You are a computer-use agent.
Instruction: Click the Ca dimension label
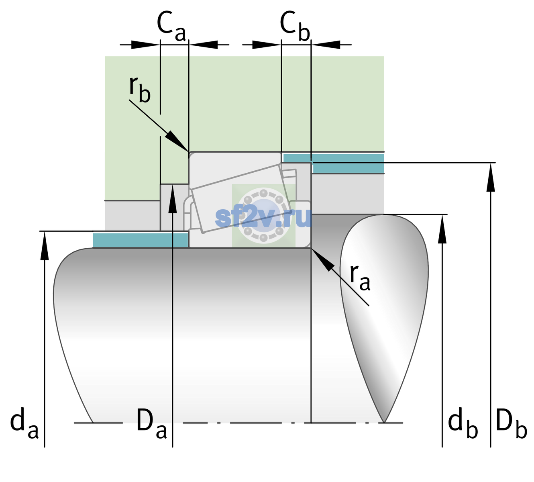tap(171, 27)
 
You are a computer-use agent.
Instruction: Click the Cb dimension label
tap(295, 26)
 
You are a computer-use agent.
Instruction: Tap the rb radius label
tap(140, 89)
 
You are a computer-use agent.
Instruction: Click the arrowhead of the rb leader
tap(177, 141)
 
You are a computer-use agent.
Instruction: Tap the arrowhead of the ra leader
tap(322, 259)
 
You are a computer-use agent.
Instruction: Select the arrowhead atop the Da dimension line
tap(173, 198)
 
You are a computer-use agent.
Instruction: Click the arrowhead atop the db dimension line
tap(442, 229)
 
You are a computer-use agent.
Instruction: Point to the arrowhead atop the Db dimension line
tap(491, 177)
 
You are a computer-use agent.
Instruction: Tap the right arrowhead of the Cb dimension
tap(326, 45)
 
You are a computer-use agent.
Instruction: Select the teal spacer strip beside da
tap(140, 240)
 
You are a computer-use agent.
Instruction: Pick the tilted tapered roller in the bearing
tap(241, 198)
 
